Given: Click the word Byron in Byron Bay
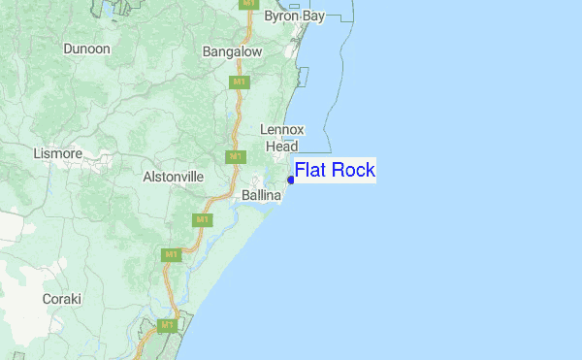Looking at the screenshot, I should coord(280,16).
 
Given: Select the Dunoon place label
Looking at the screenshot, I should coord(86,49).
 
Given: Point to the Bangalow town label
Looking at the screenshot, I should coord(232,50).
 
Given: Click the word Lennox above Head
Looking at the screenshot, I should coord(282,130).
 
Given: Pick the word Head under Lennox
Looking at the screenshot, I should coord(282,147).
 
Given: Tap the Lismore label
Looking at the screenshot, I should coord(57,153).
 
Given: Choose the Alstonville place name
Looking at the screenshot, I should coord(173,178).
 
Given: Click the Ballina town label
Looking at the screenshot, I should coord(261,196).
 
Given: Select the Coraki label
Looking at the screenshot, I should coord(61,299).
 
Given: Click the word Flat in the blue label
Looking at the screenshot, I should coord(311,171).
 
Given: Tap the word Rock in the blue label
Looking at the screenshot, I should coord(353,171).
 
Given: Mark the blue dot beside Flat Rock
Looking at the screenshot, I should coord(291,180).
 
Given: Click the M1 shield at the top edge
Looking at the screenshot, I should coord(249,4).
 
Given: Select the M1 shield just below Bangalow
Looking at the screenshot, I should coord(239,82).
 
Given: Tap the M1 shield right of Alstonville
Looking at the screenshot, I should coord(233,156).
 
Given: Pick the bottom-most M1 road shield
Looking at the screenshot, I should coord(167,325).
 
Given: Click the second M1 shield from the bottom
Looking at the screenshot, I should coord(171,254).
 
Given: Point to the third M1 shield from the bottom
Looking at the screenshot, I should coord(203,220).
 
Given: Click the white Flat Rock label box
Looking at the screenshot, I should coord(334,171).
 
